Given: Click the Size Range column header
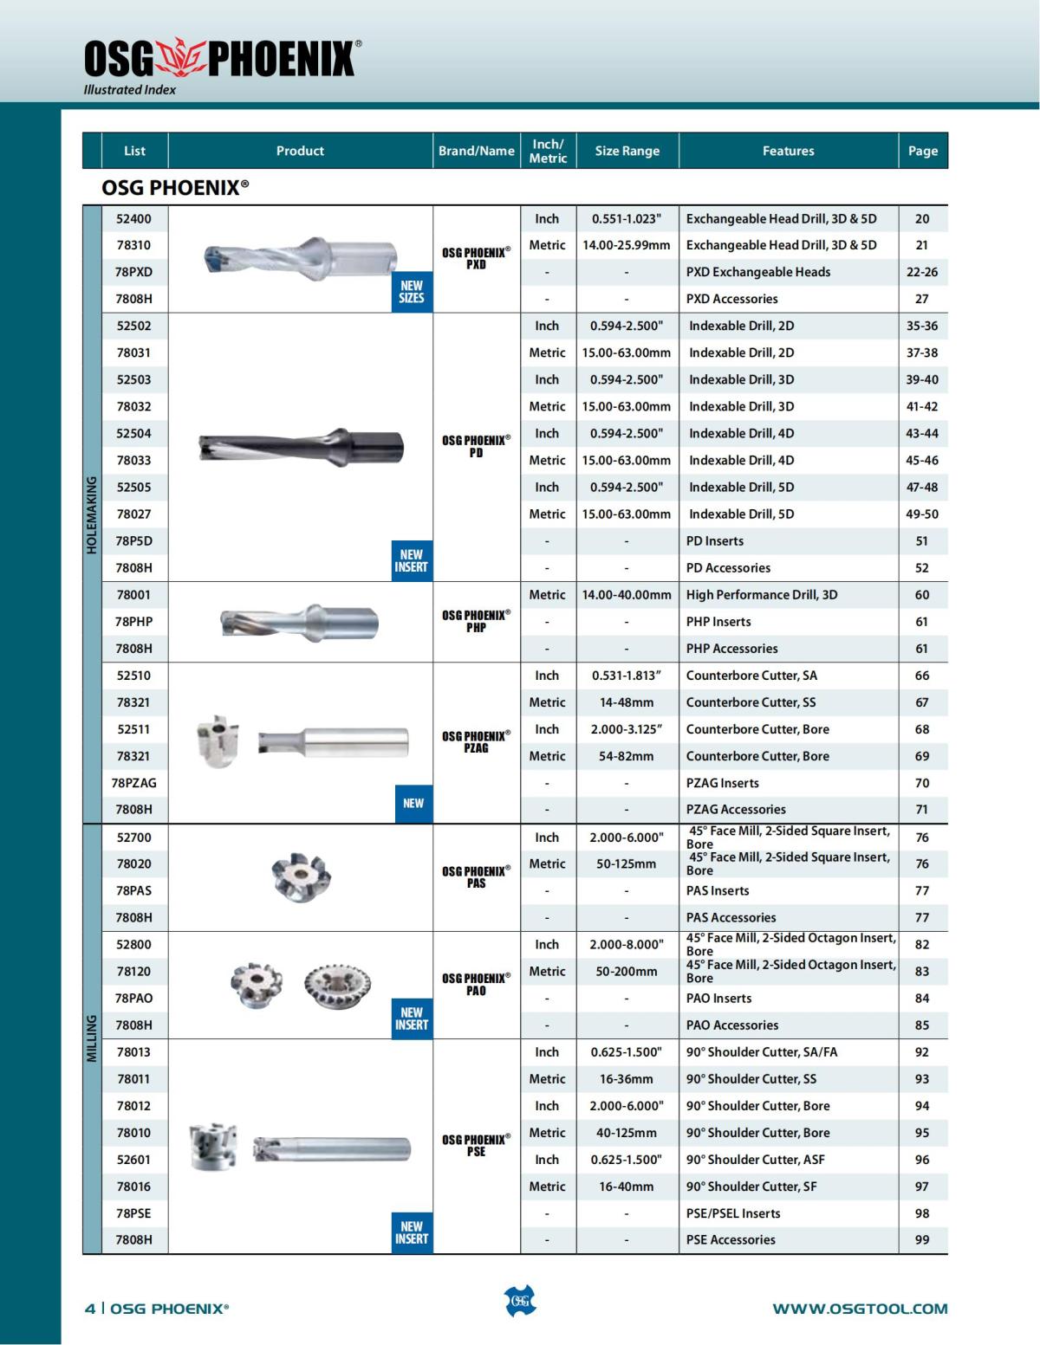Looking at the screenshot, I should (627, 151).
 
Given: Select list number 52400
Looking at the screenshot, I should (134, 219).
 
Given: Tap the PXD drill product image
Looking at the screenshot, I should (300, 257).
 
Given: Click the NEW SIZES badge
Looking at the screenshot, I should (412, 292).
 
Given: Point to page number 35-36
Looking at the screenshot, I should (922, 327).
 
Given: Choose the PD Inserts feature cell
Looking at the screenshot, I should (715, 541).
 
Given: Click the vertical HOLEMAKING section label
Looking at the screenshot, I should (92, 514).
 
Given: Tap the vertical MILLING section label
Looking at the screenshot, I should (92, 1038).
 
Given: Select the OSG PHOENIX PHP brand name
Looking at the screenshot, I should (476, 621).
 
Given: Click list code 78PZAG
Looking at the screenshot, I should (134, 783).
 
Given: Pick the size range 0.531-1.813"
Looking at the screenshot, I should (627, 676).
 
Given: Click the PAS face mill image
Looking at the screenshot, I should (299, 876).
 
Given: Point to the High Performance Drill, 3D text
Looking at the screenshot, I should (762, 595).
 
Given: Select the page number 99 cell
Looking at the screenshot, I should (922, 1240).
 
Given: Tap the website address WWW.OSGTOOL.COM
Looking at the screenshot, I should (860, 1309).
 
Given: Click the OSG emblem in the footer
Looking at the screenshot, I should (520, 1302).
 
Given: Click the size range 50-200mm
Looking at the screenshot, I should (627, 972).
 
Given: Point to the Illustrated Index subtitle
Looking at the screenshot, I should (130, 89).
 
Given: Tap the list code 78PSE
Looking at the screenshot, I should (134, 1213).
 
